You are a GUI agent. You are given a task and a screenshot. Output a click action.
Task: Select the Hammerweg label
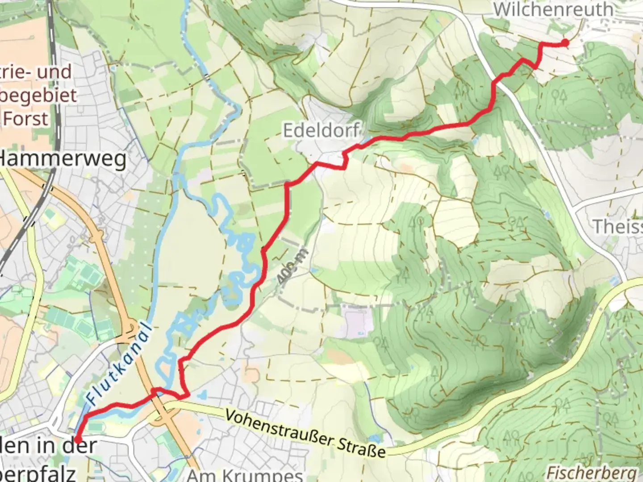click(x=63, y=159)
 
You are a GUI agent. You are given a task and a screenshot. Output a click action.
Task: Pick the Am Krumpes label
click(x=245, y=475)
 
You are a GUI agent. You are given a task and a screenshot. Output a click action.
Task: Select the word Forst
click(x=26, y=119)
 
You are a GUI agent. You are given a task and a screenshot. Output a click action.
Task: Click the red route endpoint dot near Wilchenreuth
click(x=565, y=43)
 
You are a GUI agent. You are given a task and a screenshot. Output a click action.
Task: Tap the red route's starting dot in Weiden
click(x=77, y=440)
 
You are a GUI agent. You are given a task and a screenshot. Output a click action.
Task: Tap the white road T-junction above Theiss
click(x=574, y=206)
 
